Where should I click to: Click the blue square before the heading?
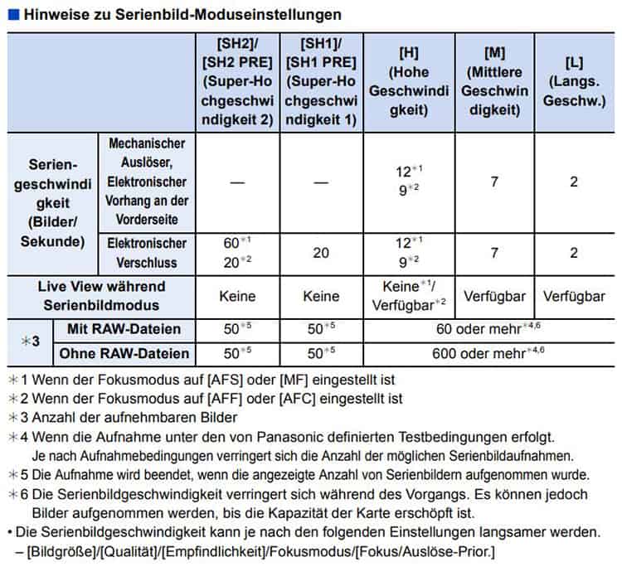(x=12, y=15)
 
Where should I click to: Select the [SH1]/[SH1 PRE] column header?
(x=321, y=81)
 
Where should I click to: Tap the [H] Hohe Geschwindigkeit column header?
(x=407, y=81)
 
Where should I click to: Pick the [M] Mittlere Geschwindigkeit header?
(x=493, y=81)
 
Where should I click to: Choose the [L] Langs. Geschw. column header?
(x=573, y=81)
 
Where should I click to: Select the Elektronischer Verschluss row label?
(x=147, y=253)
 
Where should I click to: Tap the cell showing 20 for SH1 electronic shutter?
(x=321, y=253)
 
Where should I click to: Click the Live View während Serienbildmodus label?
(x=101, y=294)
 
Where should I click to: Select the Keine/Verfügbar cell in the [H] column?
(x=407, y=294)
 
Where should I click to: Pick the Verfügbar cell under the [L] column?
(x=573, y=295)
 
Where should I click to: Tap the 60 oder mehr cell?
(x=489, y=329)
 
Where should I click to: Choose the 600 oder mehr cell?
(x=489, y=354)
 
